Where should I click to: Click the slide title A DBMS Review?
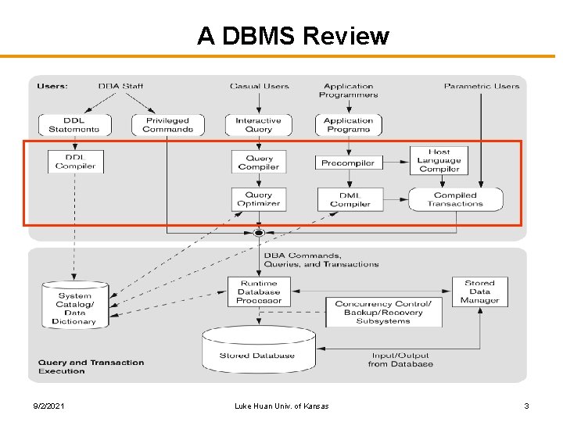tap(292, 36)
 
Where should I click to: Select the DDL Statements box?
tap(74, 125)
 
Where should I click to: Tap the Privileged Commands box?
tap(167, 125)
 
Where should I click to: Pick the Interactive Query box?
tap(259, 125)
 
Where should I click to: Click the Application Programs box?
tap(348, 125)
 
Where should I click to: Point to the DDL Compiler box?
tap(75, 162)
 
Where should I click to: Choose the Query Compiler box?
tap(259, 163)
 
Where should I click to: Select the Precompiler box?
tap(349, 163)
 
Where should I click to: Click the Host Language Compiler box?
tap(439, 160)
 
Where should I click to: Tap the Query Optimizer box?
tap(259, 199)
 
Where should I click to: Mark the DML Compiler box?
tap(350, 199)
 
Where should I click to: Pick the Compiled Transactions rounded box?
tap(455, 199)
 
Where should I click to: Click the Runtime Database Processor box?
tap(259, 291)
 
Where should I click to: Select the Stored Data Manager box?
tap(479, 291)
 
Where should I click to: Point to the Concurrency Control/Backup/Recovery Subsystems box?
tap(383, 312)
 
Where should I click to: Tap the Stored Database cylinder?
tap(258, 349)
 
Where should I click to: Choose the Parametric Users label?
tap(481, 86)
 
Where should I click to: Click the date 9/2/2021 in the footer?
tap(49, 406)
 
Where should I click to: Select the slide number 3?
tap(526, 406)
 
